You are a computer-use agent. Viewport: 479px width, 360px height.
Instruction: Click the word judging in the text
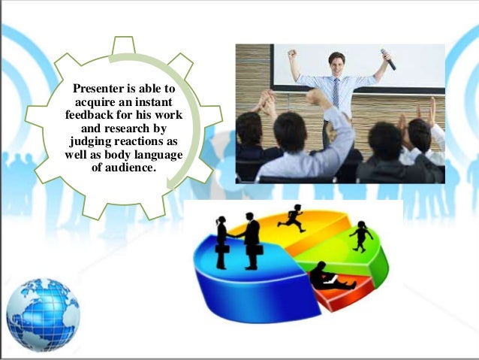(90, 141)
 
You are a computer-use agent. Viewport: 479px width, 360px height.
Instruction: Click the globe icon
(43, 314)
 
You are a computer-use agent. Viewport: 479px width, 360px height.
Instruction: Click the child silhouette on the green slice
(361, 235)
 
